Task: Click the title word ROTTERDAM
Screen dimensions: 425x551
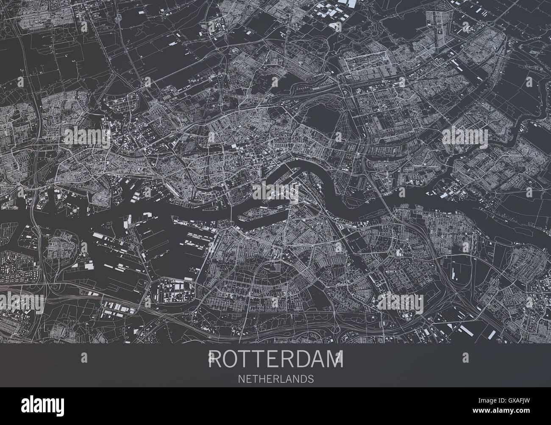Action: point(276,361)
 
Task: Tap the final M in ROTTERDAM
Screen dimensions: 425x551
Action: point(335,361)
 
